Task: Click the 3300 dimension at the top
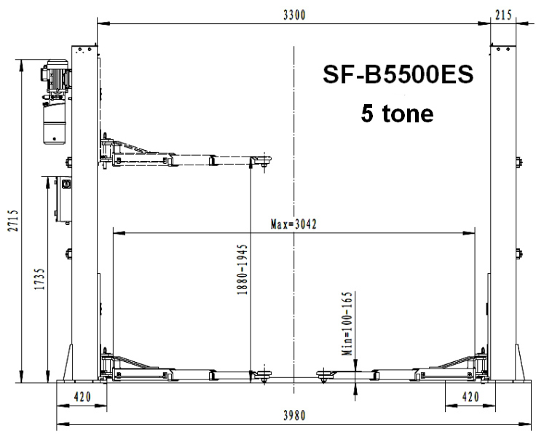294,15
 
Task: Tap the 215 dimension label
503,15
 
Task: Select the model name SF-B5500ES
398,74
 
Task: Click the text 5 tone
397,113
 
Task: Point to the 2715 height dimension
13,221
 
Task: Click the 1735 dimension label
39,279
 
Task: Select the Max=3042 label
293,224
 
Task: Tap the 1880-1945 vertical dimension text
243,269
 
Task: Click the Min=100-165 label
347,323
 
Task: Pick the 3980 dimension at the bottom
294,415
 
